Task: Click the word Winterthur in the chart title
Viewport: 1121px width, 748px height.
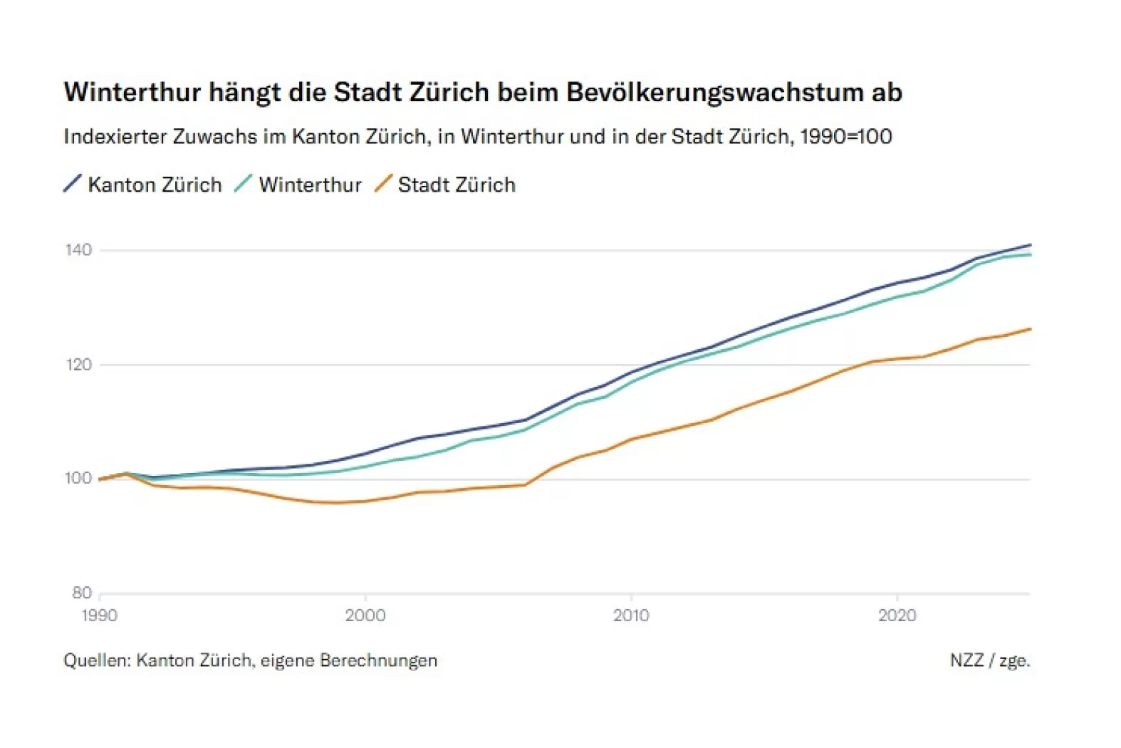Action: tap(132, 93)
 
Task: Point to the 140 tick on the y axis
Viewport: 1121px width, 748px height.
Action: tap(78, 250)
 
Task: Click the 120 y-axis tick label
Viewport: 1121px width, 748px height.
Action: tap(78, 365)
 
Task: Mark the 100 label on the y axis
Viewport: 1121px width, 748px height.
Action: tap(78, 479)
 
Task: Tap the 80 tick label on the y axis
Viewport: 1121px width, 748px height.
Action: tap(82, 593)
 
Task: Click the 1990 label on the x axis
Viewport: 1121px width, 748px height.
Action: tap(100, 615)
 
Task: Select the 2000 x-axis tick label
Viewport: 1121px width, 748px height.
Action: tap(365, 615)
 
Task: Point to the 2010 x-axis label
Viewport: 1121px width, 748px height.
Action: tap(631, 615)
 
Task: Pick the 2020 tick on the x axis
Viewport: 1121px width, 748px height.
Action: tap(897, 615)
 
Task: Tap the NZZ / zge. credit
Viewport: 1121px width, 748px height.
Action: tap(990, 660)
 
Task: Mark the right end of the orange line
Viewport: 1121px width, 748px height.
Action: tap(1030, 329)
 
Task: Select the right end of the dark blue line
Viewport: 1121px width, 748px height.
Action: tap(1030, 245)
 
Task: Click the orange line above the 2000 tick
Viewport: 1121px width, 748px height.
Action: tap(365, 501)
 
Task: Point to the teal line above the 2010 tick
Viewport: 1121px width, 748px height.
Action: tap(631, 381)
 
